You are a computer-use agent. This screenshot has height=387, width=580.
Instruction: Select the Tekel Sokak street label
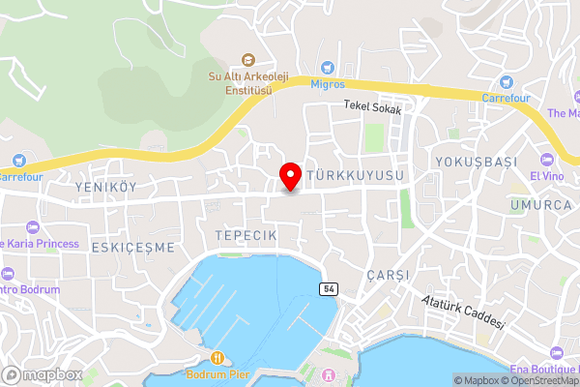pos(371,108)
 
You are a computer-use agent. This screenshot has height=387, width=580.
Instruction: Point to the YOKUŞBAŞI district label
pos(470,162)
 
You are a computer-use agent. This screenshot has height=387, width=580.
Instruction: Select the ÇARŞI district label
pos(388,275)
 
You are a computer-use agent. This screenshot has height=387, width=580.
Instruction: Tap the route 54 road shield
pos(330,289)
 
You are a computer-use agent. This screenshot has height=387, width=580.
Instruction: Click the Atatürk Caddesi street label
pos(463,313)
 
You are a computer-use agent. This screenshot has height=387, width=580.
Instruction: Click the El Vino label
pos(545,176)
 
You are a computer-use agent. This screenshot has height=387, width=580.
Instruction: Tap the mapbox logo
pos(43,374)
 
